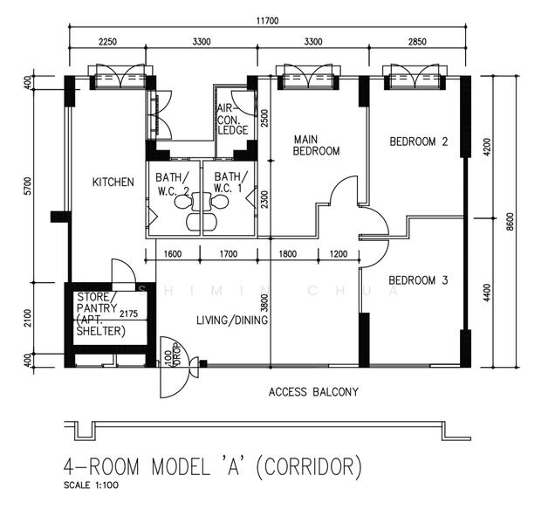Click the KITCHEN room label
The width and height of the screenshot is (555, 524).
pos(113,183)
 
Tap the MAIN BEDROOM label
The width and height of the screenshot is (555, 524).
pos(316,145)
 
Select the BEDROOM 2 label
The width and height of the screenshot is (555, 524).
pos(419,141)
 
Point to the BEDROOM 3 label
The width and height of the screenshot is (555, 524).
pos(418,280)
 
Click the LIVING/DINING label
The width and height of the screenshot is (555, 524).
pos(232,321)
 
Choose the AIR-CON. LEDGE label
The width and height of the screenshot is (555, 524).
pos(232,120)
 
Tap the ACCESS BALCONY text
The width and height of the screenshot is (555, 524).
pos(313,392)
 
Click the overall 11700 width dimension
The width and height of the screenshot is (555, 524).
pos(268,21)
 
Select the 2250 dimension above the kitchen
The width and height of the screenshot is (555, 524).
pos(107,42)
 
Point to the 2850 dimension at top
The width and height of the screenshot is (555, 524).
pos(417,42)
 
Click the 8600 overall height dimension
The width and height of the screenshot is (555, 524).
pos(510,222)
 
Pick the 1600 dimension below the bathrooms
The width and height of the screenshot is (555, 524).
pos(173,254)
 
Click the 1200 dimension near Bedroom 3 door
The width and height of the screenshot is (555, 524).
pos(339,254)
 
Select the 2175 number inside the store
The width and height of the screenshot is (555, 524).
pos(129,314)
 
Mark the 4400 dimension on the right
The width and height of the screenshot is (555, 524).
pos(487,293)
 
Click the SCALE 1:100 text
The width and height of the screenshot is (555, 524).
pos(91,485)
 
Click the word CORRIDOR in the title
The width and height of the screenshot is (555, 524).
pos(308,467)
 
